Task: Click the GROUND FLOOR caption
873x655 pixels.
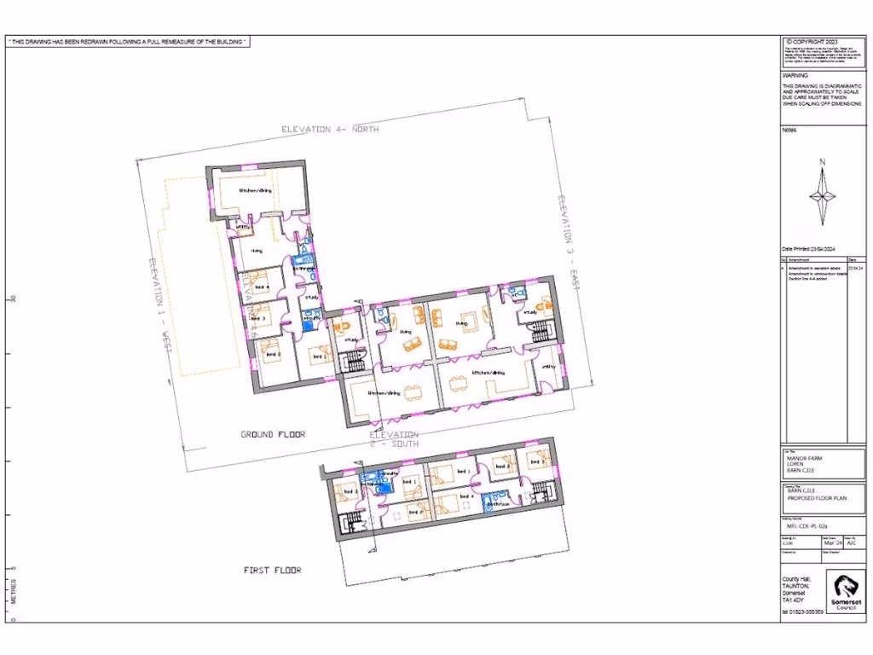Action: coord(273,435)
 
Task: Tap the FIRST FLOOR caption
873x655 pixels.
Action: coord(273,570)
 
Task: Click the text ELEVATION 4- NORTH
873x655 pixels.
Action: coord(330,129)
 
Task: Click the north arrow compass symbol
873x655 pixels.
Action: coord(823,193)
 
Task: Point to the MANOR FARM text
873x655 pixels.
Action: coord(804,458)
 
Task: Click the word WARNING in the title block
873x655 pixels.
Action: coord(795,75)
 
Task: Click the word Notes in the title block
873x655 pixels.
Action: coord(789,130)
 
